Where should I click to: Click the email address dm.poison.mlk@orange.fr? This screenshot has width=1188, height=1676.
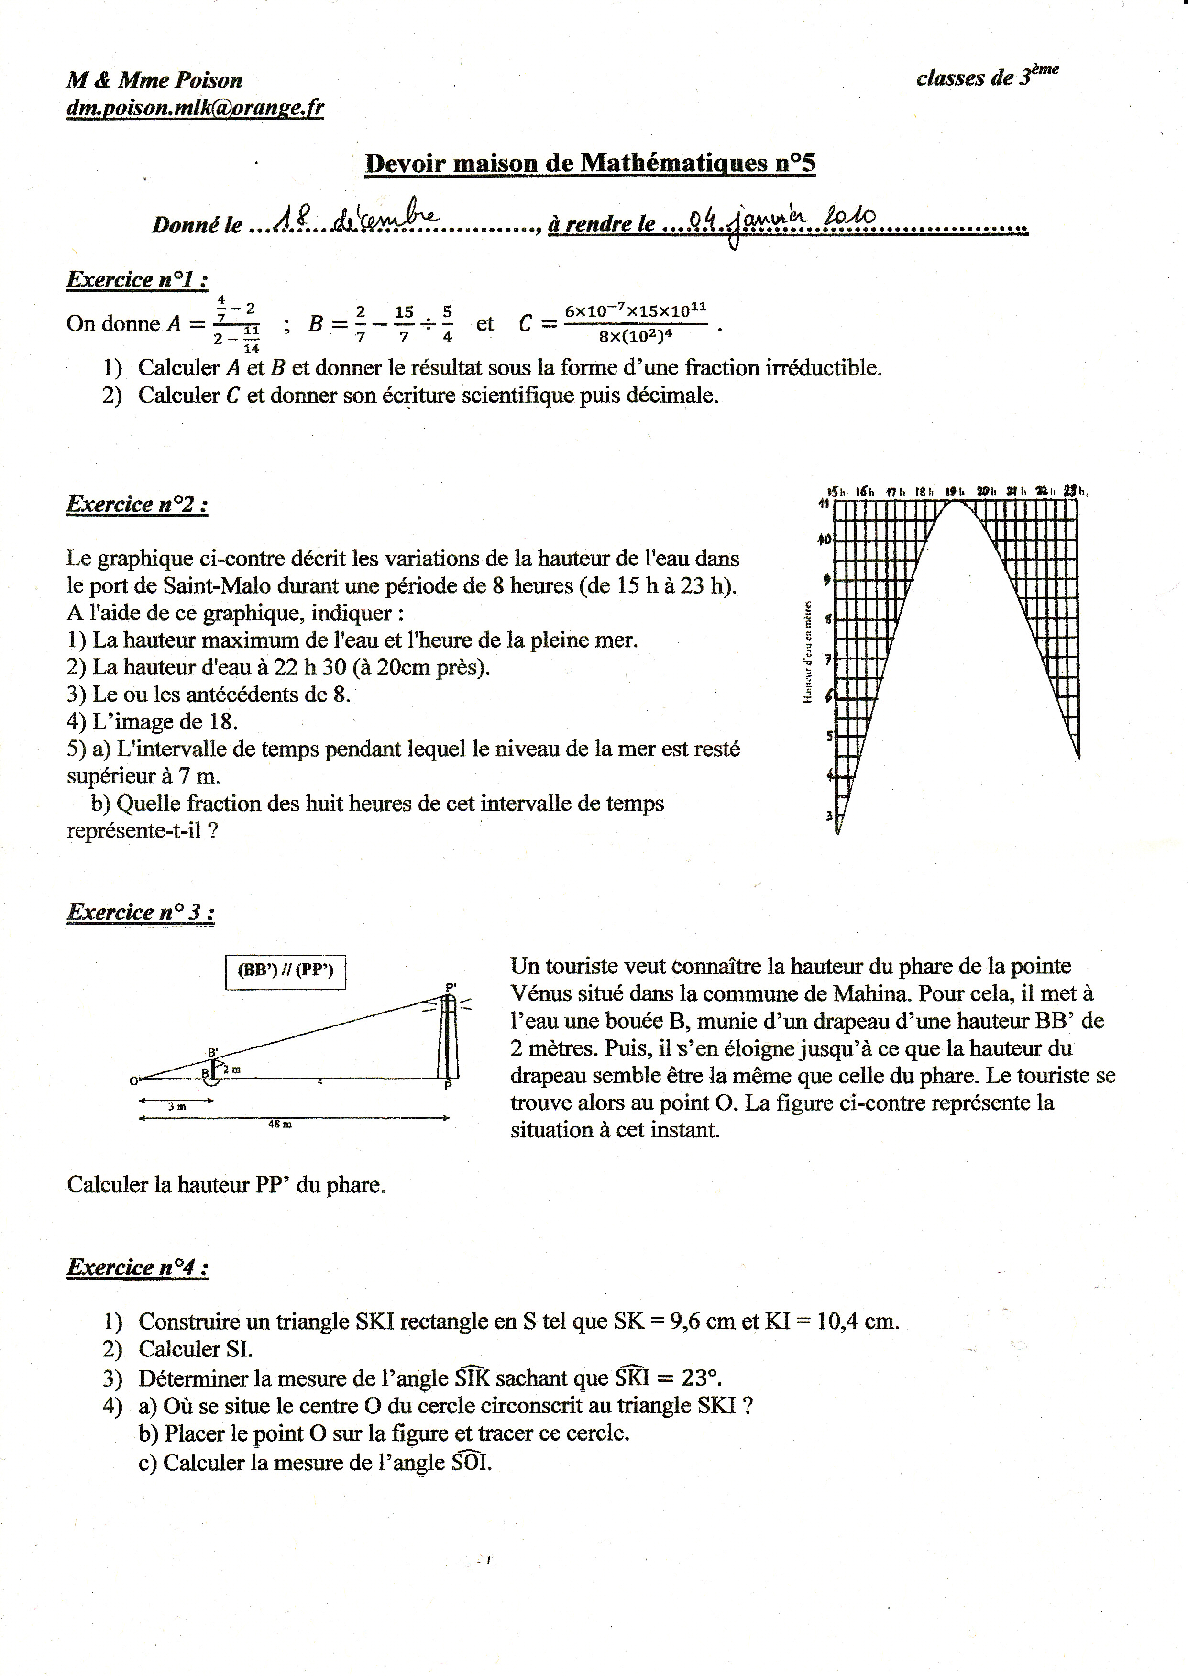(195, 108)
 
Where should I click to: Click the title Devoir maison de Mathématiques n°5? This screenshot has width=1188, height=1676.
(590, 163)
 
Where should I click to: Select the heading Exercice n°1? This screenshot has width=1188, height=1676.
(137, 279)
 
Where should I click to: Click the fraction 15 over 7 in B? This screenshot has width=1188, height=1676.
(404, 323)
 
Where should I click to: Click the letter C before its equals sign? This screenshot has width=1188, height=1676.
(525, 323)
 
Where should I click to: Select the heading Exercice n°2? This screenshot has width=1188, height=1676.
(137, 504)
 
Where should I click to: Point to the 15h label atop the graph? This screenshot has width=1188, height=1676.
(836, 492)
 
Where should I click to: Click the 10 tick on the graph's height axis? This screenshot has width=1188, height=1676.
(825, 540)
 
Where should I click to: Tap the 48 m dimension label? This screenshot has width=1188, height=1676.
(279, 1125)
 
